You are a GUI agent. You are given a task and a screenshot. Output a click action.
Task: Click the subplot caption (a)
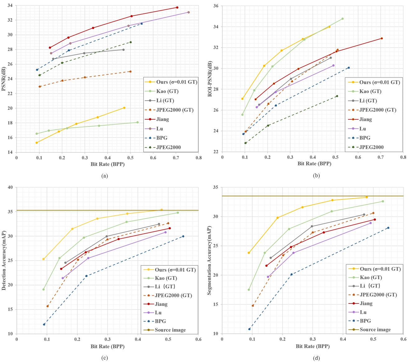105,176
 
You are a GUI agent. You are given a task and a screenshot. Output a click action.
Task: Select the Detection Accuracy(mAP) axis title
4,261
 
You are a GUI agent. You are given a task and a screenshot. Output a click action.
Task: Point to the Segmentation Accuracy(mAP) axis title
210,261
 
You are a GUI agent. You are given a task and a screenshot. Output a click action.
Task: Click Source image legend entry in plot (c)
170,330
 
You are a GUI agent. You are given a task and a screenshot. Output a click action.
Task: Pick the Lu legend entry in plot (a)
159,129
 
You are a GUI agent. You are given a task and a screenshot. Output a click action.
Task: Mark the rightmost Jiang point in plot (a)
177,7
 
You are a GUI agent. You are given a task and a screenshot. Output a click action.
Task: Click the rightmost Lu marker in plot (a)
188,12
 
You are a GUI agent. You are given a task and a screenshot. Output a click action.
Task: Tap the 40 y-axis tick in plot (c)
11,187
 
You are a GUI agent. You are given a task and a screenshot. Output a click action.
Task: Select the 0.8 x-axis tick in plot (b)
403,157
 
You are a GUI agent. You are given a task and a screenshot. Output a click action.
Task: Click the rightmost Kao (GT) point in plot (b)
342,19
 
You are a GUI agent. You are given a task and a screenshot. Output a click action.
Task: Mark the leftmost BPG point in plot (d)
249,329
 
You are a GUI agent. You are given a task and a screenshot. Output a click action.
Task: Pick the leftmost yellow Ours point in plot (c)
44,259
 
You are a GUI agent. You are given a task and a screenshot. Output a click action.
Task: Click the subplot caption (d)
317,358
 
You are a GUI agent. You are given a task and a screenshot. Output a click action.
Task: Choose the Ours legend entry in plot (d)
380,269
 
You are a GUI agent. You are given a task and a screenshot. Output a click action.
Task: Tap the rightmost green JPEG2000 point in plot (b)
337,96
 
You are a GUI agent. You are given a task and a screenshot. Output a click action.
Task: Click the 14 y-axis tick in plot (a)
11,152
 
